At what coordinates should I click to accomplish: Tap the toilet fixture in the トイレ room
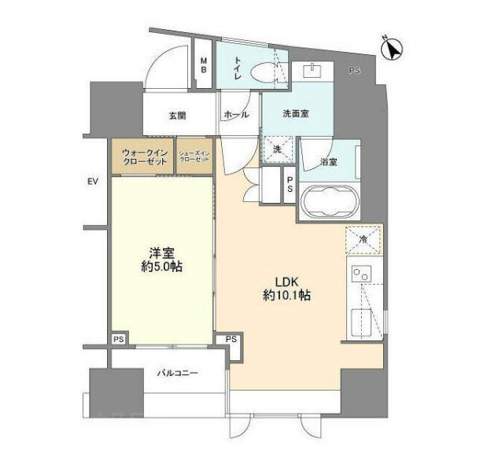257,71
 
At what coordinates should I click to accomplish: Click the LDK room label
286,281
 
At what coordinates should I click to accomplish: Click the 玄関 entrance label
177,116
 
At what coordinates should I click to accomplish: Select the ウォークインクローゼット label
144,155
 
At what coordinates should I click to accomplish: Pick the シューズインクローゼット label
194,155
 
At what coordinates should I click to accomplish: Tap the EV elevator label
92,182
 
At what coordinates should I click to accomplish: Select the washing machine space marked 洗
278,149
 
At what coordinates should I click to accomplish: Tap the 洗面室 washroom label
295,113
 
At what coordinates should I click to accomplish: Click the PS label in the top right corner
355,72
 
